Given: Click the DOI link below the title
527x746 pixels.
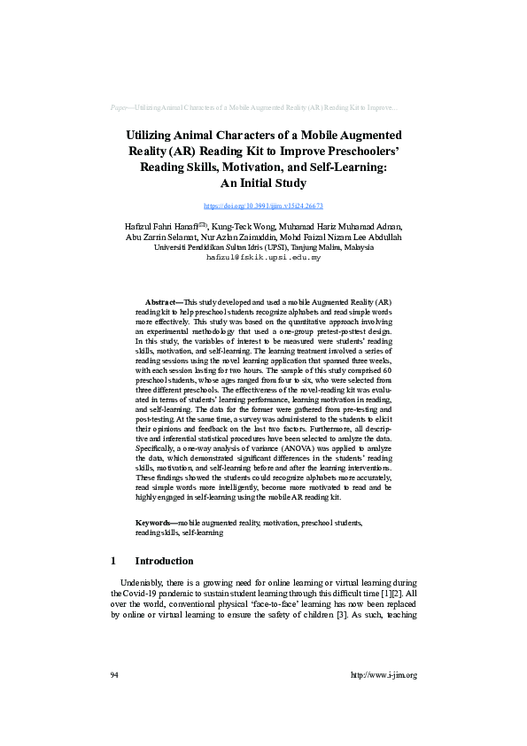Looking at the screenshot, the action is coord(263,206).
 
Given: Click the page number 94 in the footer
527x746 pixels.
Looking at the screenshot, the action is coord(115,675).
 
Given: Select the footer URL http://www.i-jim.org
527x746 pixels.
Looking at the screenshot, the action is coord(384,675).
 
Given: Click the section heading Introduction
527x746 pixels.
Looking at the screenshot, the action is coord(164,561).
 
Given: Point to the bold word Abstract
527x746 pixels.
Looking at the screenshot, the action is coord(161,302).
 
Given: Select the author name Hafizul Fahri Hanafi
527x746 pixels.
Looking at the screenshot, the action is coord(162,227).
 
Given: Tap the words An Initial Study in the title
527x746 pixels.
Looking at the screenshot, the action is coord(263,184).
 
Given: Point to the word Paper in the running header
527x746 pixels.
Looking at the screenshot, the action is coord(120,107).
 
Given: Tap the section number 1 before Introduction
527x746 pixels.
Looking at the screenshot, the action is coord(113,561).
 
